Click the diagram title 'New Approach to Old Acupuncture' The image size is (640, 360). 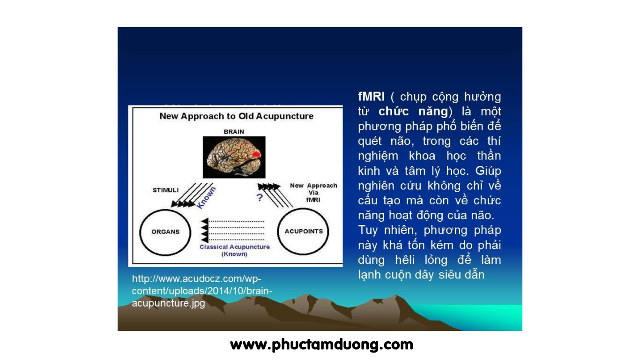tap(236, 116)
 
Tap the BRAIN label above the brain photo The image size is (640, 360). tap(234, 132)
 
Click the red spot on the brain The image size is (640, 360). tap(256, 154)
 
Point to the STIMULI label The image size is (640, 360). tap(165, 190)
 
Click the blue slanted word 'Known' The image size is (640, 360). tap(206, 198)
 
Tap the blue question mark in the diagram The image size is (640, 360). tap(260, 197)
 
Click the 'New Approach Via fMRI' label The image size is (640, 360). tap(313, 193)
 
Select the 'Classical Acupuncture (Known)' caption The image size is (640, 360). tap(235, 250)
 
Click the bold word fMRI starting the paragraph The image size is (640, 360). tap(371, 97)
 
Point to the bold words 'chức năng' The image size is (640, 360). tap(413, 111)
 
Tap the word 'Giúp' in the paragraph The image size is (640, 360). tap(488, 171)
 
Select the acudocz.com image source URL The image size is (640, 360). tap(202, 291)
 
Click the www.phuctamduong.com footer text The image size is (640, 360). tap(321, 345)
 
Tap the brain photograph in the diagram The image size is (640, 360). tap(234, 157)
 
